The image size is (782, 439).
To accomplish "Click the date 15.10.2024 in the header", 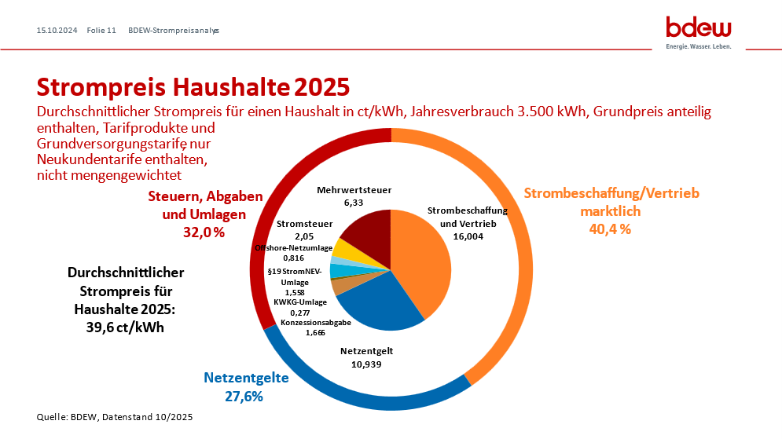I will tap(57, 31).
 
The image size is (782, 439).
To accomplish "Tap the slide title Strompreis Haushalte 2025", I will tap(193, 86).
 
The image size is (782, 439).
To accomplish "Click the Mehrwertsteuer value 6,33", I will tap(354, 203).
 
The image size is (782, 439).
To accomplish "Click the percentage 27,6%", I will tap(244, 397).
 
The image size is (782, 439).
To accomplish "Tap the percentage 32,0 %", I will tap(204, 232).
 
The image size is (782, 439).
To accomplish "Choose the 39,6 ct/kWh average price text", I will tap(125, 327).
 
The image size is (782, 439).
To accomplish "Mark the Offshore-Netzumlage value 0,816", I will tap(293, 258).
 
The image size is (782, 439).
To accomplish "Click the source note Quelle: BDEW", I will tap(115, 417).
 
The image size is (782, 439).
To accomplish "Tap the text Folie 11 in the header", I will tap(101, 31).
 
